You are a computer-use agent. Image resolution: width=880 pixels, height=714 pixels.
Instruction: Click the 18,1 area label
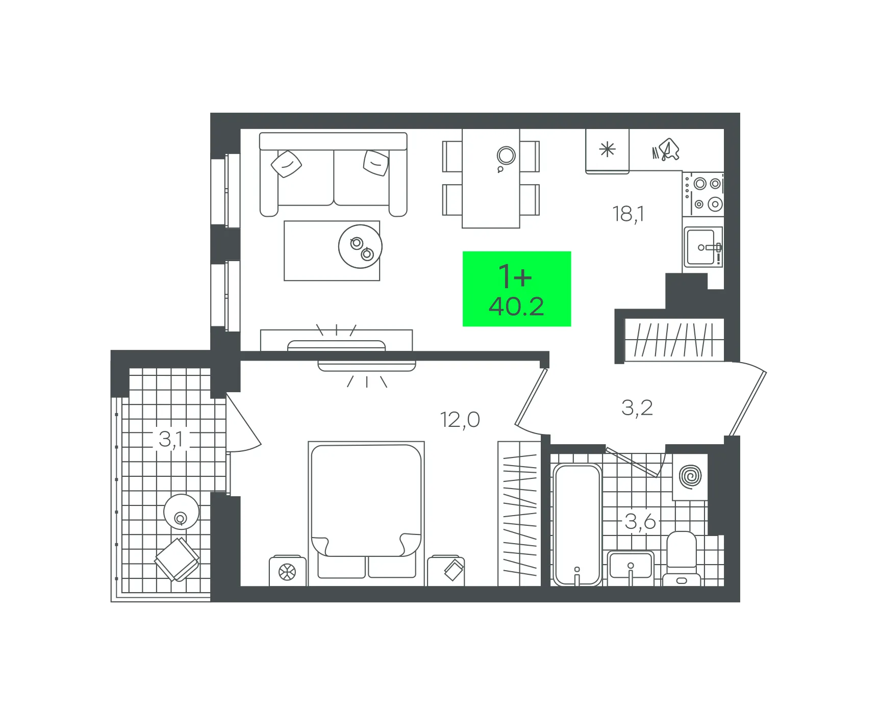[628, 214]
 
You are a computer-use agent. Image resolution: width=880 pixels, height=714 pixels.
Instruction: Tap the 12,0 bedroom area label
[460, 420]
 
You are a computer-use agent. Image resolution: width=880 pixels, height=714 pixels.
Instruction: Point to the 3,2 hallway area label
[637, 408]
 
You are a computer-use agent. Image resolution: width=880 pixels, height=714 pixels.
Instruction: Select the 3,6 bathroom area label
[640, 522]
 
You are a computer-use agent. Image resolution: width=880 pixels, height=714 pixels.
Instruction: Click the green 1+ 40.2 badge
[517, 289]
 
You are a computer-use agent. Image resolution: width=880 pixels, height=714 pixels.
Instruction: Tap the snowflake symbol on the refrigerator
[607, 150]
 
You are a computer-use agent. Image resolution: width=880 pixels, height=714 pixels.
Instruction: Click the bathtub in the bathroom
[577, 525]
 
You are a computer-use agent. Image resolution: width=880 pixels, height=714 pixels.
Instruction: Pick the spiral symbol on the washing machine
[691, 476]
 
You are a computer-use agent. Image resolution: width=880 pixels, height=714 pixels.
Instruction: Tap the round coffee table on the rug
[360, 246]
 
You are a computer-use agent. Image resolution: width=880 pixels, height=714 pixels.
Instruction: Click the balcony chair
[177, 559]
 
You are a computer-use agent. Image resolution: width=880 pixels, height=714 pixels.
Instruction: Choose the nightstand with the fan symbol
[288, 571]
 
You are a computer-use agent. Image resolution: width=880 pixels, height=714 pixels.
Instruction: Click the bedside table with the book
[446, 571]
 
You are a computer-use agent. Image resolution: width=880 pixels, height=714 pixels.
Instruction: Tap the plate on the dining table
[506, 156]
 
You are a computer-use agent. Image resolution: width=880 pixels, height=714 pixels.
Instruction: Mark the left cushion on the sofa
[286, 164]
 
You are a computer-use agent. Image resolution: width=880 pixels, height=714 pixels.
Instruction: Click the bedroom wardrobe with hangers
[519, 514]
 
